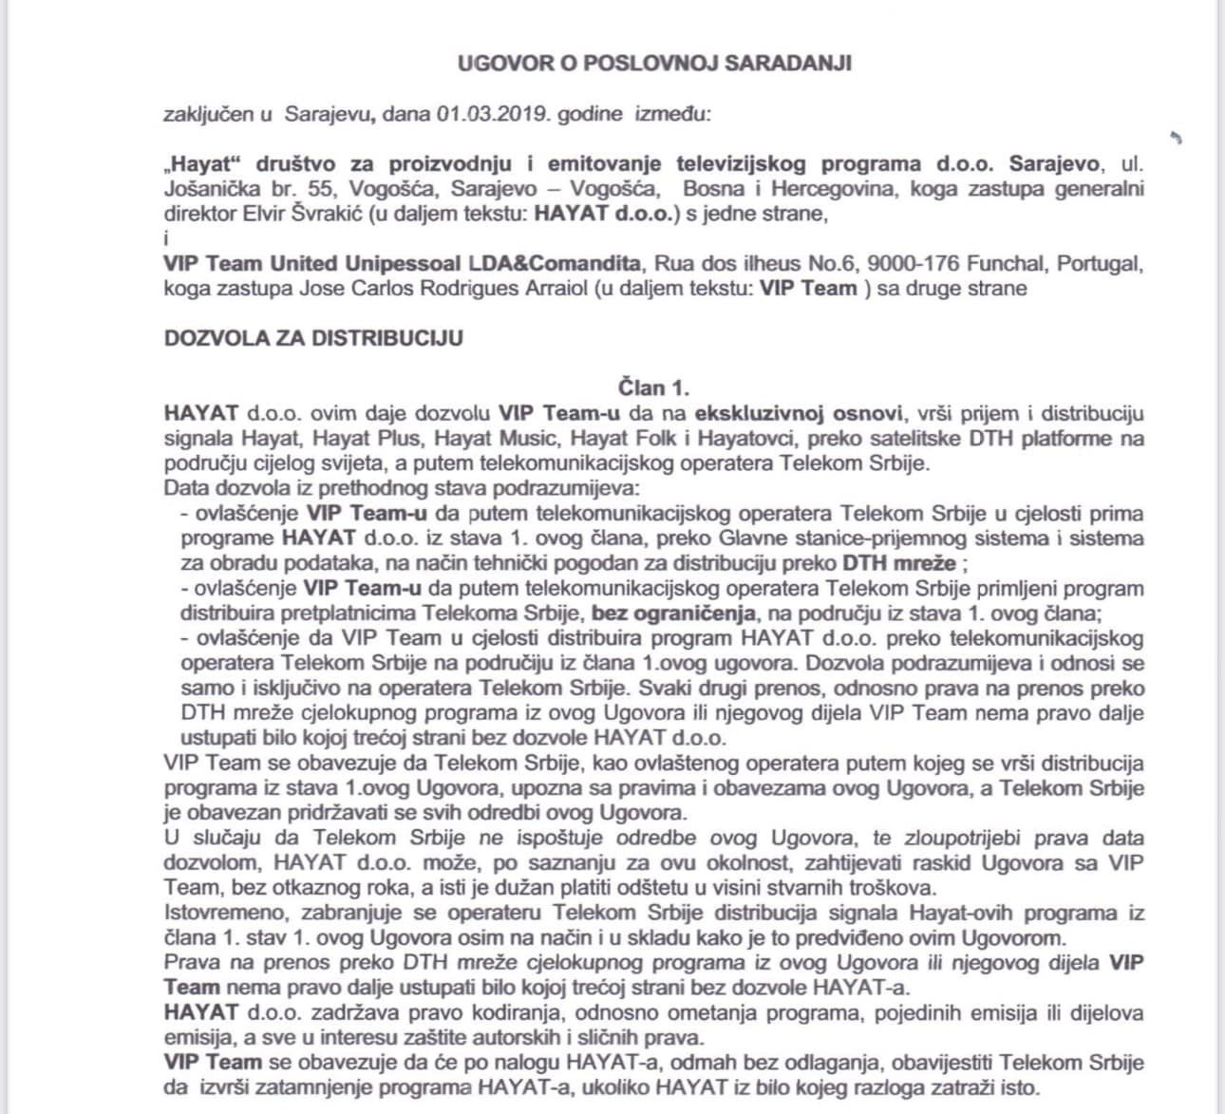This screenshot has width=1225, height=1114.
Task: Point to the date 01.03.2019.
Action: point(493,114)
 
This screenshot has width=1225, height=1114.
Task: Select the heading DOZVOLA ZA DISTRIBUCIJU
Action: point(313,338)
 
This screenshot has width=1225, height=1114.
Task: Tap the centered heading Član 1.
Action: point(653,387)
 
